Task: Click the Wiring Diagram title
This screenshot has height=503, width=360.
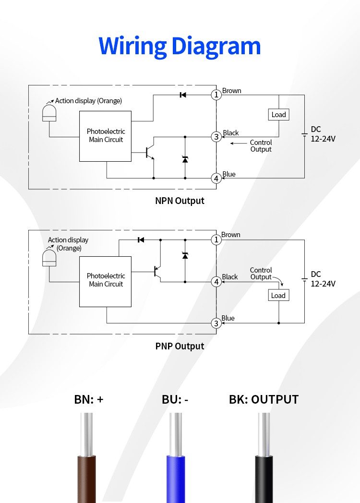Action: coord(180,46)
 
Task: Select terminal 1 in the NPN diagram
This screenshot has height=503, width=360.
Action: coord(216,95)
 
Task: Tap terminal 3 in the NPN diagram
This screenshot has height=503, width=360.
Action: coord(216,137)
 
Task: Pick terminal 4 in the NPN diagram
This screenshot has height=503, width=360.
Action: coord(216,178)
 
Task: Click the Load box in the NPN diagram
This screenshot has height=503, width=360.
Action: coord(278,114)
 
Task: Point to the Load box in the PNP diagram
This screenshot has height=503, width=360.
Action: coord(278,295)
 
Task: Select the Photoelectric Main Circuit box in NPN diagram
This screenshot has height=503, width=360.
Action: coord(105,136)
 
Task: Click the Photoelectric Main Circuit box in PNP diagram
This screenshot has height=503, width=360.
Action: coord(105,281)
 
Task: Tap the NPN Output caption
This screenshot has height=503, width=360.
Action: coord(180,201)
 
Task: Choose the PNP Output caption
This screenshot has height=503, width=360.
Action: coord(180,346)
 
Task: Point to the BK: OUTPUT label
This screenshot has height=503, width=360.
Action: coord(264,399)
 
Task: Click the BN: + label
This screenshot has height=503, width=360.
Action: coord(89,399)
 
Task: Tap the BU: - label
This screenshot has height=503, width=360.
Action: coord(175,399)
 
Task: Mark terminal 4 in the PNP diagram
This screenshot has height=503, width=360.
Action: coord(216,282)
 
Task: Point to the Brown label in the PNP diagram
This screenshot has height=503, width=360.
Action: coord(231,235)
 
